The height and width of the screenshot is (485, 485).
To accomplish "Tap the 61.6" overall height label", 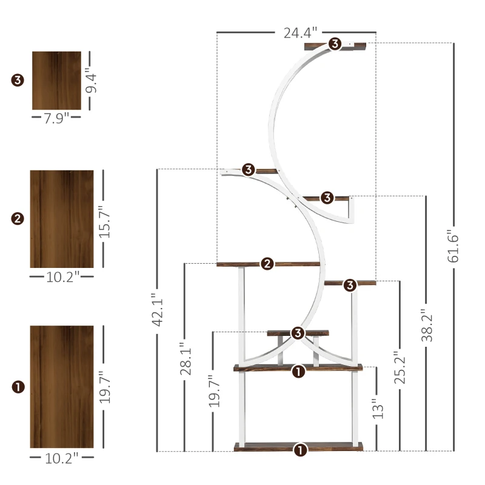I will click(453, 246).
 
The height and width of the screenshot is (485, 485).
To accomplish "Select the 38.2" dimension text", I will click(427, 327).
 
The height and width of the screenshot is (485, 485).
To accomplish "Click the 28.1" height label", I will click(186, 360).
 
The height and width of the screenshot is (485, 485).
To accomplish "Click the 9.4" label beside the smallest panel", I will click(91, 80).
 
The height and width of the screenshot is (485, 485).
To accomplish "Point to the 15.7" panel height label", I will click(104, 218).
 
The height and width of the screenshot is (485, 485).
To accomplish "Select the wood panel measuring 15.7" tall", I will click(62, 219).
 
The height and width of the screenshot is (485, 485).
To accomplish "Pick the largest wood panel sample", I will click(62, 387).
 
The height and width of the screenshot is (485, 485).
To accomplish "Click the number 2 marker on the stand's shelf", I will click(267, 264).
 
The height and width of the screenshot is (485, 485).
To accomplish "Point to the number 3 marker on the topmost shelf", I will click(335, 44).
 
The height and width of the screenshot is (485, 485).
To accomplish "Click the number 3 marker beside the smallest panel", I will click(17, 80).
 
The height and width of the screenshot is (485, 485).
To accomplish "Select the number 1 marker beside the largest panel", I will click(18, 386).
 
